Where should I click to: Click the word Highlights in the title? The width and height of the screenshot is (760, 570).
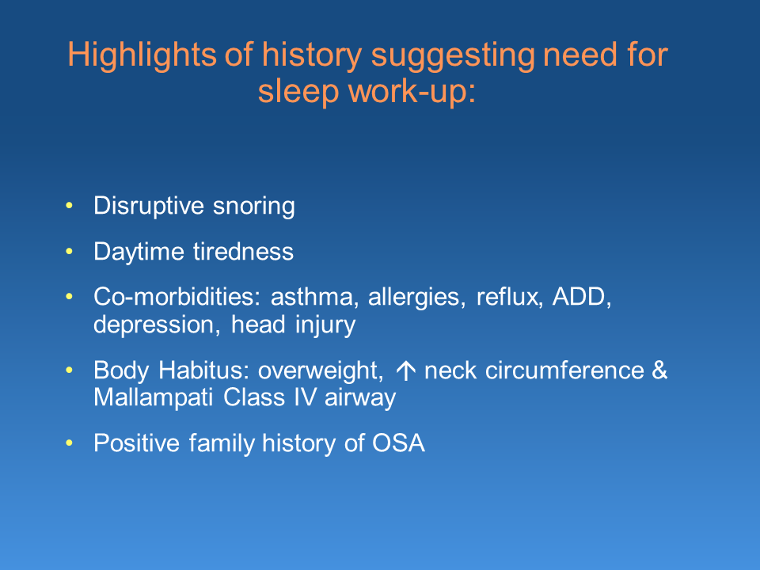click(x=142, y=55)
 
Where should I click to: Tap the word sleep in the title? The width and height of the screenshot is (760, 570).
click(x=298, y=92)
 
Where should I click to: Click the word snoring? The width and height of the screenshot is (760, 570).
click(x=254, y=207)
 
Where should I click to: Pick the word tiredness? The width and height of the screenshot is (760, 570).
click(x=243, y=252)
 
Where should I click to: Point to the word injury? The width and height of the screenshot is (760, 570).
click(x=325, y=325)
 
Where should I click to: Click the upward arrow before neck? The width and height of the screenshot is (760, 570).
click(x=405, y=371)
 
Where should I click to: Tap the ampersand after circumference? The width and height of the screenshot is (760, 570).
click(x=659, y=370)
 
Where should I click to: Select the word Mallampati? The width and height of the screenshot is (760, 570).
click(x=153, y=398)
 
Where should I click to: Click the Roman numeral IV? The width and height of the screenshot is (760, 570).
click(x=306, y=397)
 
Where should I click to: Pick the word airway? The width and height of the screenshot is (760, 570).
click(x=360, y=399)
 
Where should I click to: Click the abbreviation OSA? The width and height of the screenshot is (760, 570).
click(x=398, y=443)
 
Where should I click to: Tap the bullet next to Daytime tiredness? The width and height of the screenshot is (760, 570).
click(x=70, y=251)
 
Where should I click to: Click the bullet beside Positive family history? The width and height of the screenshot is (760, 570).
click(x=70, y=443)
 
